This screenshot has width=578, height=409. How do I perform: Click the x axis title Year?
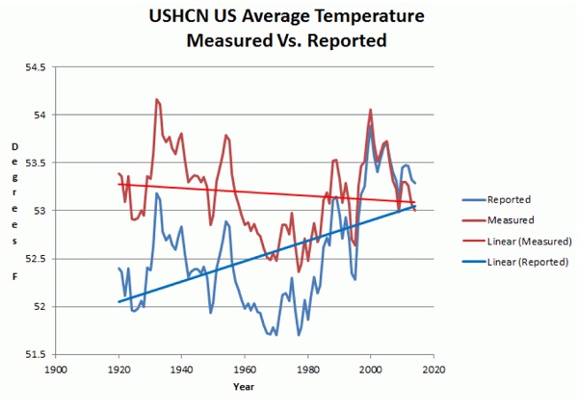(244, 387)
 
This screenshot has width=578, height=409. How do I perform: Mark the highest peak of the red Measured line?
(155, 99)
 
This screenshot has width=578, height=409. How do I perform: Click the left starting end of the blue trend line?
(118, 301)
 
